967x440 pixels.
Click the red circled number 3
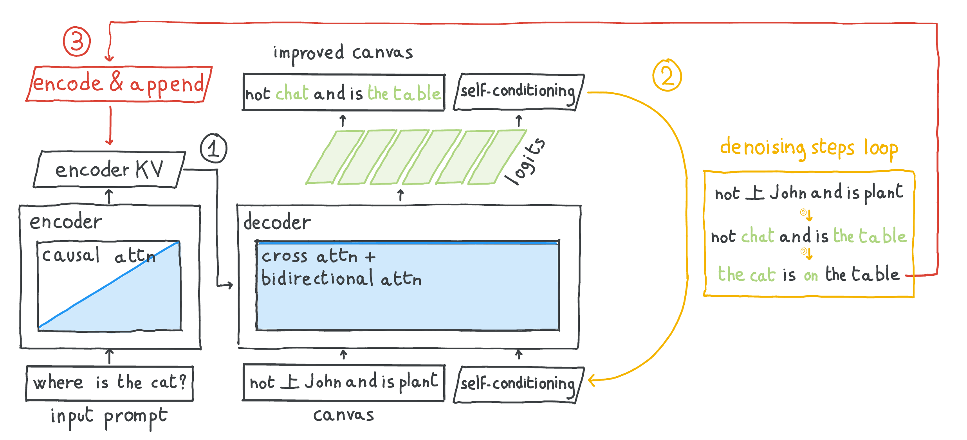[77, 41]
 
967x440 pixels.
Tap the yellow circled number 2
[667, 75]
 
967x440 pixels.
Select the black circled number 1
[213, 148]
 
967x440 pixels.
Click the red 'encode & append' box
[119, 84]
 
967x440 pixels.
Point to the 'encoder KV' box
[109, 169]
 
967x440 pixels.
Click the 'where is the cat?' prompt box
[110, 383]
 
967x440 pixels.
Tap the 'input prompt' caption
[109, 417]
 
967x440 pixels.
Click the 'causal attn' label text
[99, 256]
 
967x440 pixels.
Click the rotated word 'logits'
[525, 161]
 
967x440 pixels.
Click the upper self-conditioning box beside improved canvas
[519, 92]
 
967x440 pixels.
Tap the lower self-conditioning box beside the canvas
[519, 384]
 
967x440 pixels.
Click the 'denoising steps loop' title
[809, 148]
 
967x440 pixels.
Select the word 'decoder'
[277, 222]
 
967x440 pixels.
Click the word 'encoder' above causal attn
[66, 222]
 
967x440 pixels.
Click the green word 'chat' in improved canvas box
[292, 93]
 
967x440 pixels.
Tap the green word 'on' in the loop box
[811, 276]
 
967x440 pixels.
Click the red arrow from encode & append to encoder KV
[110, 125]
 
